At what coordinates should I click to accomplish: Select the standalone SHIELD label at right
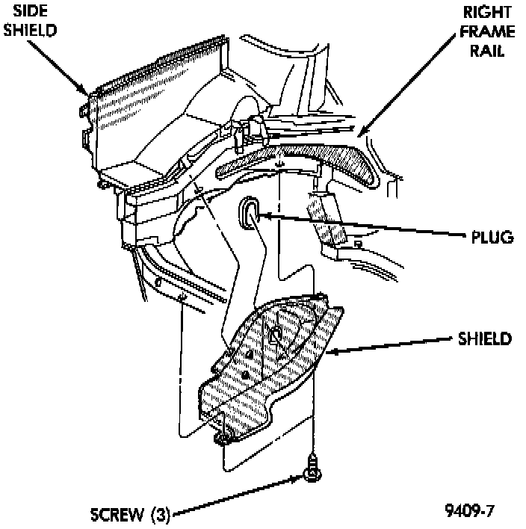(x=484, y=338)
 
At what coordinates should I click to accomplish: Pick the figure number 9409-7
(x=469, y=512)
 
